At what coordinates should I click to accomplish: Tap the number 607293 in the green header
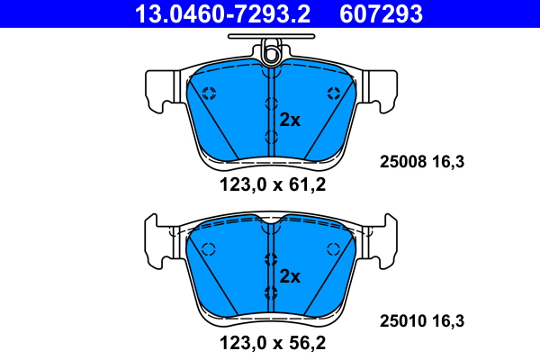pos(381,13)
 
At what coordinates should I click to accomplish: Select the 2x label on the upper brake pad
pos(290,119)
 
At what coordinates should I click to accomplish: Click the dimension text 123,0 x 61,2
pos(272,185)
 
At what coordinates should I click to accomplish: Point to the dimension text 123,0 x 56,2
pos(272,342)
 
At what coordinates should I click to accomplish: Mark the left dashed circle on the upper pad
pos(209,92)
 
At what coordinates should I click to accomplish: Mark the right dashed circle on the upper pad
pos(334,92)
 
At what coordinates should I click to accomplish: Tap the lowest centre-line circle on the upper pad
pos(271,137)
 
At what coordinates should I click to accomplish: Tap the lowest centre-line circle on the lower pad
pos(271,292)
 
